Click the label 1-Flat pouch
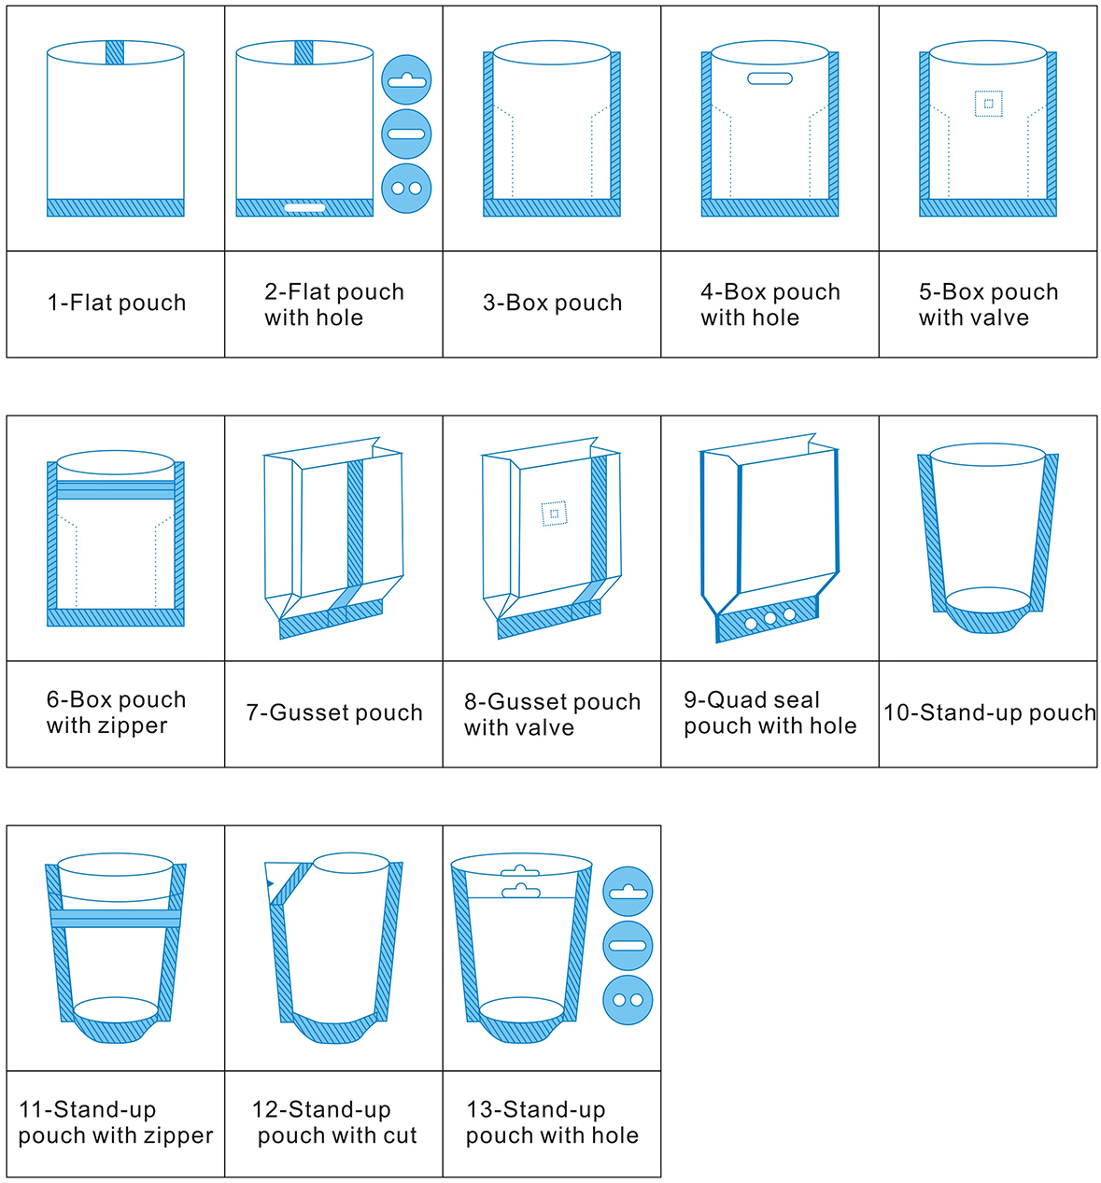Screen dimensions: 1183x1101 (x=117, y=303)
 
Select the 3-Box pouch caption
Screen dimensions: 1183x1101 (x=552, y=303)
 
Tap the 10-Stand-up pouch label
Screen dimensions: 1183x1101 (x=989, y=713)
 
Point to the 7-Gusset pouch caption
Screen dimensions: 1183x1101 (x=334, y=713)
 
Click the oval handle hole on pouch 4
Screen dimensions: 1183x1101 (x=769, y=78)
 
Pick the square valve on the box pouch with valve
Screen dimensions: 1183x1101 (x=988, y=104)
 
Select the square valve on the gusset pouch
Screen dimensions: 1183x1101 (x=554, y=514)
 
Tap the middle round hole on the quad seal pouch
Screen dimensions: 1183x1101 (x=770, y=618)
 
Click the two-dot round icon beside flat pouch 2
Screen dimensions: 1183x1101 (x=406, y=188)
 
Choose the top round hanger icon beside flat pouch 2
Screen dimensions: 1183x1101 (x=406, y=80)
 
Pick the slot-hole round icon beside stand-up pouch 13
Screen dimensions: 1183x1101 (x=628, y=946)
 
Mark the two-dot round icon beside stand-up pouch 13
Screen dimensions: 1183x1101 (x=628, y=1000)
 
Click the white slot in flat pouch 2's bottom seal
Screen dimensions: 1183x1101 (x=304, y=207)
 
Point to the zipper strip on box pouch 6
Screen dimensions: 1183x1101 (x=115, y=490)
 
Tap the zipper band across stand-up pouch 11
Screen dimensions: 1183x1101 (x=116, y=919)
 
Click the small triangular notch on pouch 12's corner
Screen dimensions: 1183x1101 (x=270, y=882)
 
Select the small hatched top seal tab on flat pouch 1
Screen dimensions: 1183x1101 (x=115, y=52)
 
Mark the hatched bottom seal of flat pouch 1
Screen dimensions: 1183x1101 (x=116, y=207)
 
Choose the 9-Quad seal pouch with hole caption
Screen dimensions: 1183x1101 (x=769, y=713)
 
